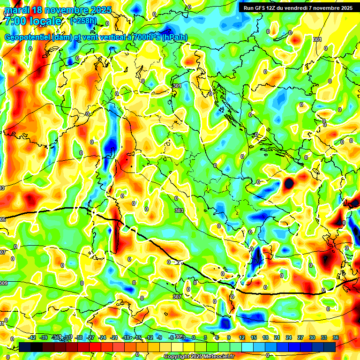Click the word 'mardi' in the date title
pos(16,10)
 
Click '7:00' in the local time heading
pos(15,21)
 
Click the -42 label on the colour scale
pos(32,337)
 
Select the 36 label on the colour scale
pos(336,337)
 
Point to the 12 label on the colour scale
pos(242,337)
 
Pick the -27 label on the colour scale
pos(90,337)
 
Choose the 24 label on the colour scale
pos(289,337)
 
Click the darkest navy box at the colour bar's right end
pos(330,347)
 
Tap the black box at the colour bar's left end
pos(25,347)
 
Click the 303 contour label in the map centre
pos(179,211)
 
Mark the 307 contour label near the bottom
pos(177,297)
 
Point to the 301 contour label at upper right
pos(317,39)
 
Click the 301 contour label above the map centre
pos(177,86)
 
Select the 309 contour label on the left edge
pos(4,283)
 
